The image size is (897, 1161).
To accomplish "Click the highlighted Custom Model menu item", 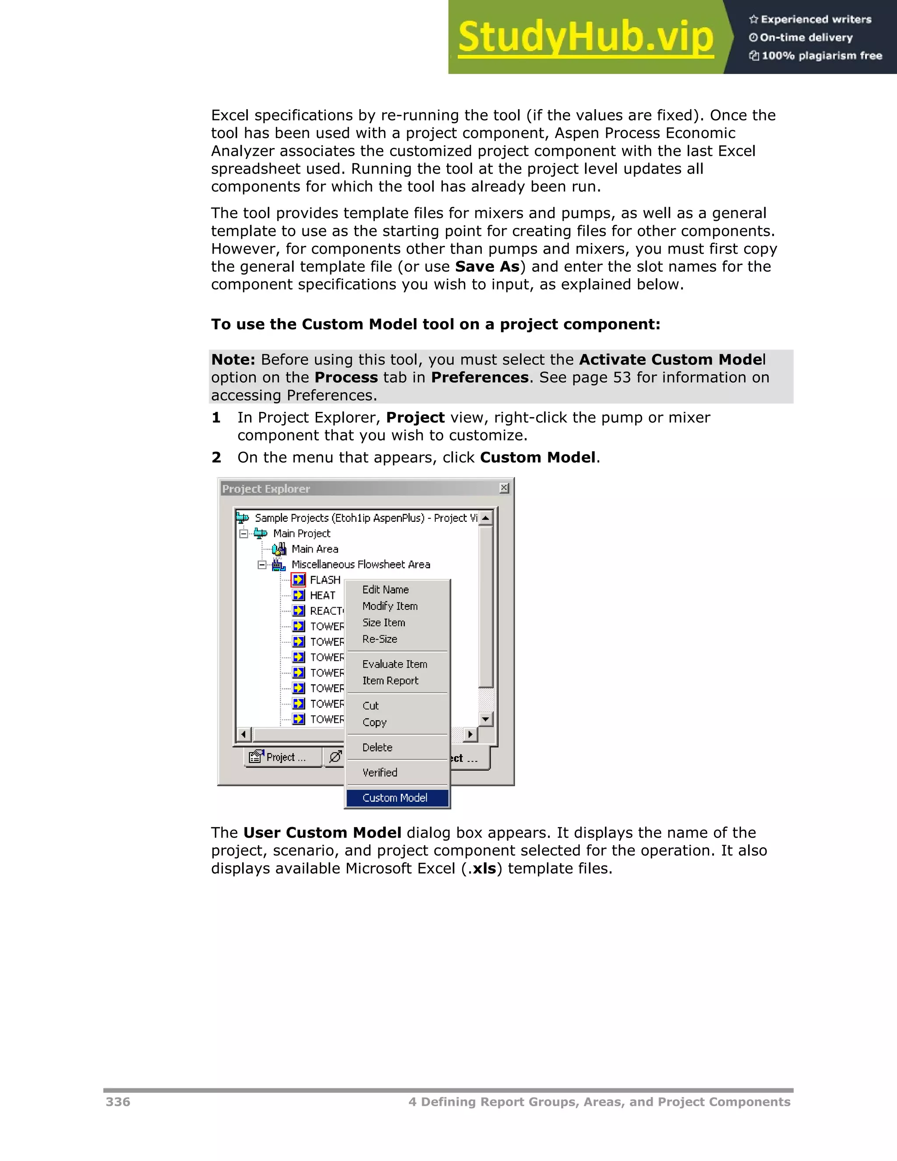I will (395, 797).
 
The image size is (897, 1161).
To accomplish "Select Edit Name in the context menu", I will (385, 590).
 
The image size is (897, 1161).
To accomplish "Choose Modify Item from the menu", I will (389, 606).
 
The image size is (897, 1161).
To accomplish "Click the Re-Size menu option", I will (379, 639).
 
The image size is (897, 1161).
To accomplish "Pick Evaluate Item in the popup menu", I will (394, 664).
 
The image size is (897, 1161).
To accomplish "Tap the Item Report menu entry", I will (390, 680).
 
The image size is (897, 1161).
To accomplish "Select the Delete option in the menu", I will (377, 747).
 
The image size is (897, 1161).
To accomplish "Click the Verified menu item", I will (379, 772).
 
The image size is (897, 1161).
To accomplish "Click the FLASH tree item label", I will (325, 580).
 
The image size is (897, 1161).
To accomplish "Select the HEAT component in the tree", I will (322, 595).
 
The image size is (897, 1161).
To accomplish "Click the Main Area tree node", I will (314, 549).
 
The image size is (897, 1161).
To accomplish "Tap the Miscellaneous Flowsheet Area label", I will (360, 565).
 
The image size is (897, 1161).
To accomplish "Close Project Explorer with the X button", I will (504, 488).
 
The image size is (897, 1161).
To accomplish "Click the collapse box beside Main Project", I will (244, 533).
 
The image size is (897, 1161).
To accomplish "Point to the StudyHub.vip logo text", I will (585, 37).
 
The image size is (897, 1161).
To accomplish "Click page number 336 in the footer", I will (118, 1101).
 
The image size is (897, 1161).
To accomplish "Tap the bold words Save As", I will (487, 266).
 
